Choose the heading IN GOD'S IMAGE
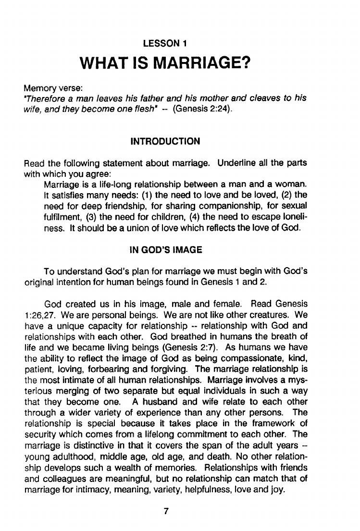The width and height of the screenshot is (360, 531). (x=165, y=250)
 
